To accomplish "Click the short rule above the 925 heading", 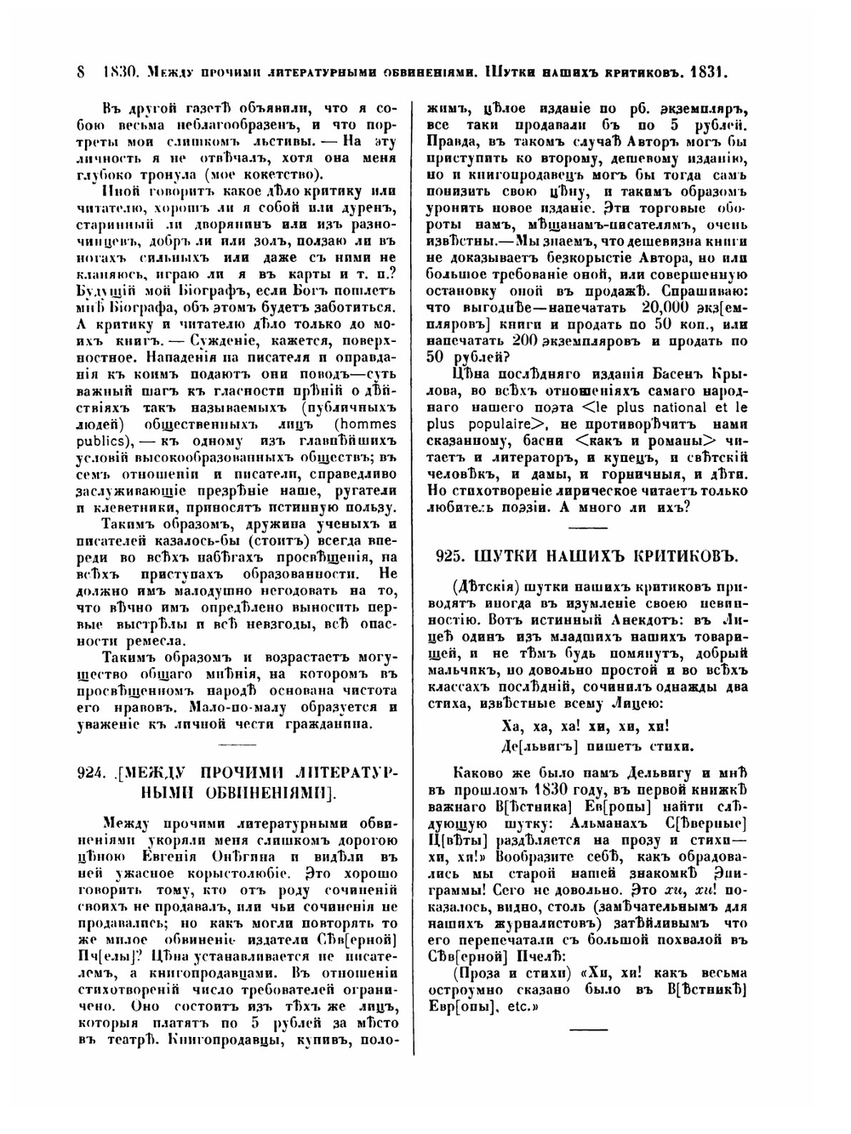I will click(587, 527).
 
